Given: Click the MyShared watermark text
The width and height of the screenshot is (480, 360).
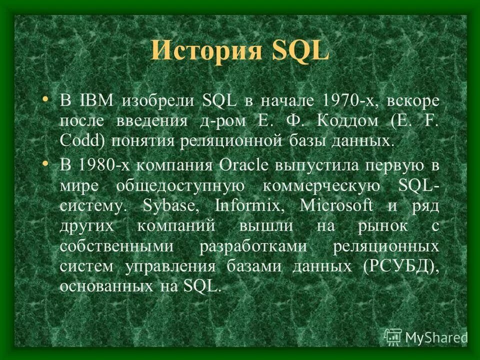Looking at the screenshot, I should (x=436, y=337).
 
